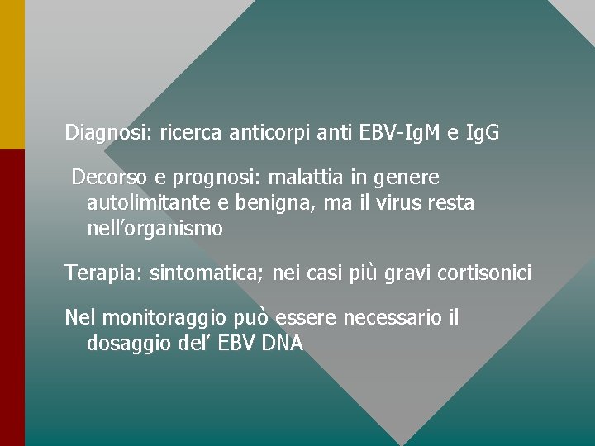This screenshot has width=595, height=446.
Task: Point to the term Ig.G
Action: click(483, 132)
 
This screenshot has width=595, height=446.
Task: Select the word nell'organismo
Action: click(155, 229)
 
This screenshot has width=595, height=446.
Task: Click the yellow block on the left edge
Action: click(12, 74)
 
